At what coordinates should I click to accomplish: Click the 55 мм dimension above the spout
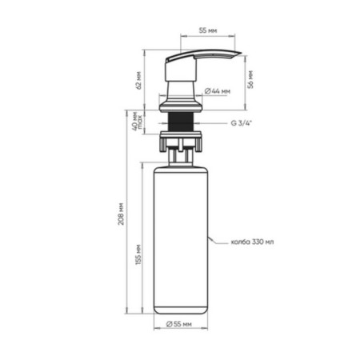click(208, 30)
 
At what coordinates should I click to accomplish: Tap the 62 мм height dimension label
click(138, 80)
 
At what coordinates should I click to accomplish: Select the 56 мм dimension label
click(250, 79)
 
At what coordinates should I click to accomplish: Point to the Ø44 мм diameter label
click(218, 91)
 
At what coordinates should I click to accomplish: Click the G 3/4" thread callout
click(242, 123)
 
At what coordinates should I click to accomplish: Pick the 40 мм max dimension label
click(138, 121)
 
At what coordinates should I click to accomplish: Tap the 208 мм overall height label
click(121, 214)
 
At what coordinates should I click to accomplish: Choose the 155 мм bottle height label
click(138, 254)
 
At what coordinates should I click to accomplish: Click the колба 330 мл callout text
click(252, 242)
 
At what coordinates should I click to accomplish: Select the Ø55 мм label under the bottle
click(179, 324)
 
